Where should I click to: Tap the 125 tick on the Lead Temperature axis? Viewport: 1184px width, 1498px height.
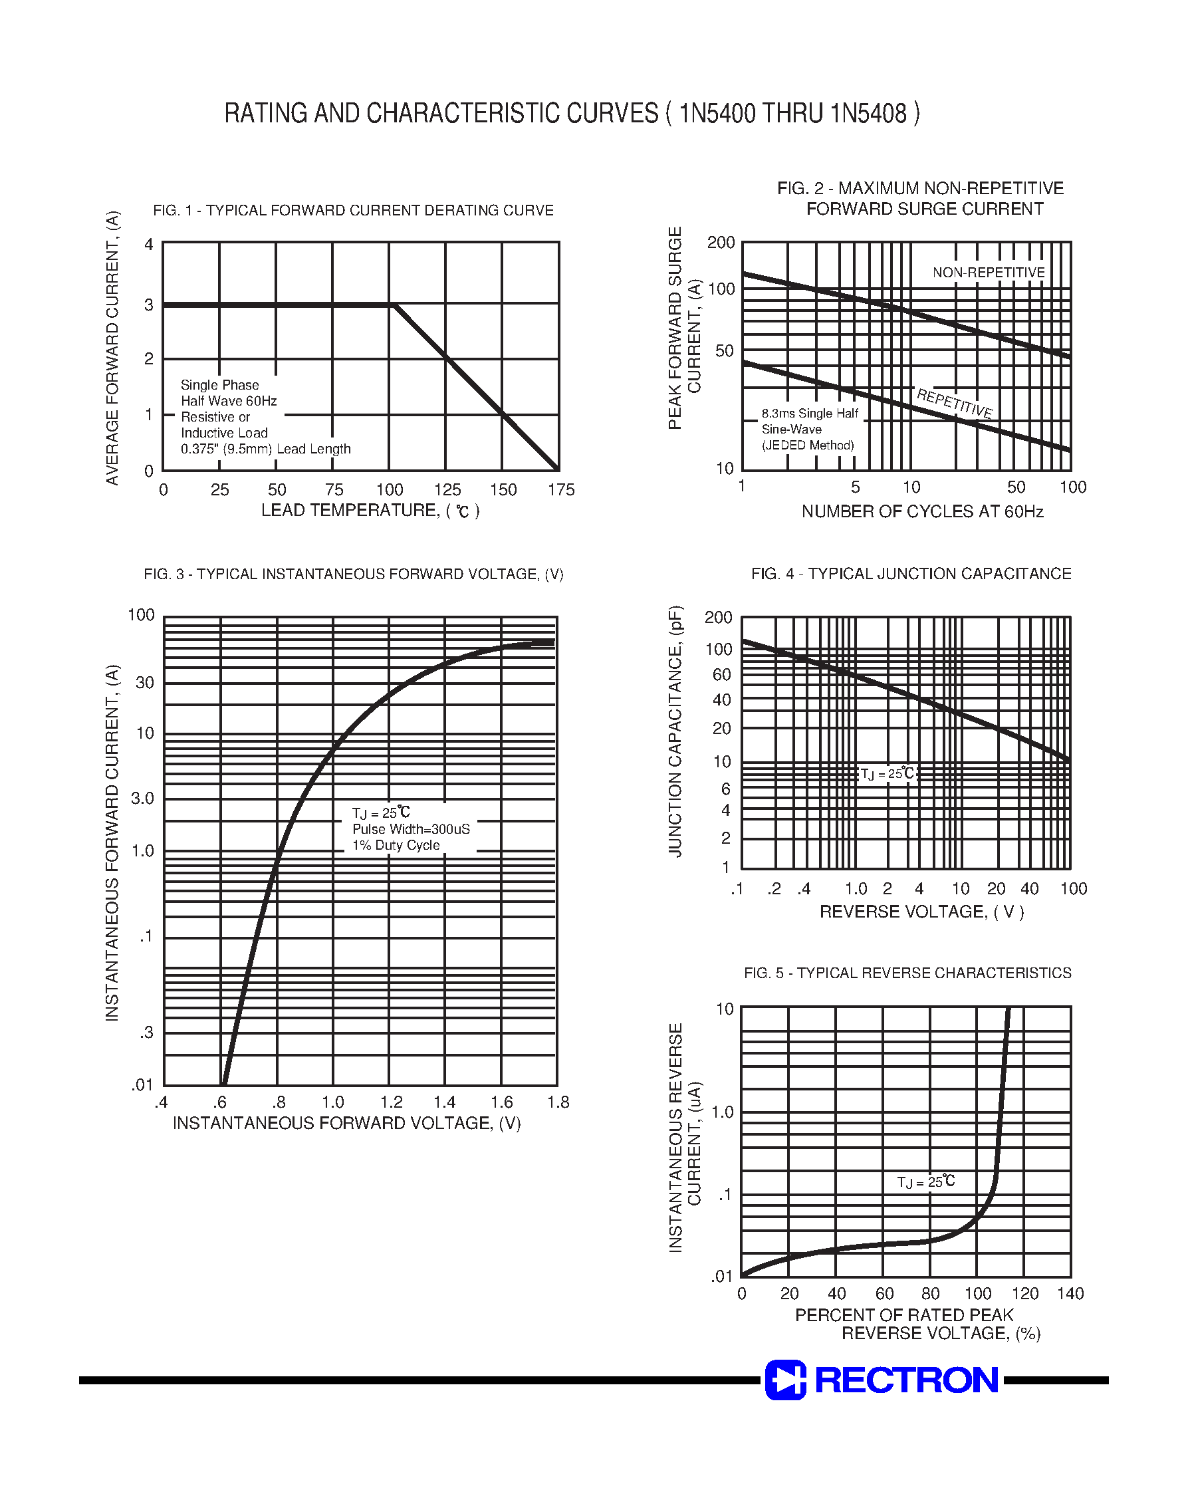click(447, 490)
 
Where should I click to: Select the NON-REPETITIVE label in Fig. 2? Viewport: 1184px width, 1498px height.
click(989, 273)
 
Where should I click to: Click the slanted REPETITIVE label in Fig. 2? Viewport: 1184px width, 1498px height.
click(955, 404)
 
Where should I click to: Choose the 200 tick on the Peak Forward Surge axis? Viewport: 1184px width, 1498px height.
click(720, 243)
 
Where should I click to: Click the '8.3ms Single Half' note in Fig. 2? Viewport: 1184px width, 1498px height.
click(810, 414)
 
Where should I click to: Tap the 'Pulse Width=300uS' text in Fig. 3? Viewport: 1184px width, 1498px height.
click(411, 829)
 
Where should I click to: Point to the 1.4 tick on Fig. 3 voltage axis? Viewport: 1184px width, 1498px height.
click(444, 1102)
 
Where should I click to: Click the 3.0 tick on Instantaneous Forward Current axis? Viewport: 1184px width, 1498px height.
click(142, 799)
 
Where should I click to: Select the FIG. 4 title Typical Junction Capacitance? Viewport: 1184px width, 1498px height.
click(911, 574)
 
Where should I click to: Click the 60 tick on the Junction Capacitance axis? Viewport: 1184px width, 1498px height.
click(721, 674)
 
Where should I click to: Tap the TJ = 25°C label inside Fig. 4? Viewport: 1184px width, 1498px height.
click(888, 774)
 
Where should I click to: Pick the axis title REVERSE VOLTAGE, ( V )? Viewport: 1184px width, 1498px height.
click(921, 912)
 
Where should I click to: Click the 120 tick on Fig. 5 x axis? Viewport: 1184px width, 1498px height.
click(1024, 1293)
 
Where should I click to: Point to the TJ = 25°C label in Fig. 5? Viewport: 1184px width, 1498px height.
click(925, 1182)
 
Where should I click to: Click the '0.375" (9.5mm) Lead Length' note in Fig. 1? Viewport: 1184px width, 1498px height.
click(265, 449)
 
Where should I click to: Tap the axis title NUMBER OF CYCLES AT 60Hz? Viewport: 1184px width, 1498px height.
click(922, 511)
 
